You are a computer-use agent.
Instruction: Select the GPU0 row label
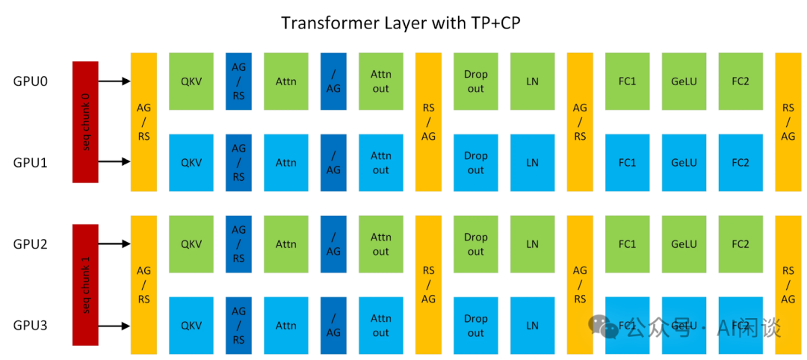(31, 81)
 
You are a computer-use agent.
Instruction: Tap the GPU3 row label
(31, 326)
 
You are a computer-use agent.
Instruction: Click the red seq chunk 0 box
(85, 122)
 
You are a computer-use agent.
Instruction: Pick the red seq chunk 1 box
(85, 285)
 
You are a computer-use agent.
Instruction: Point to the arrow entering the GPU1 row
(114, 162)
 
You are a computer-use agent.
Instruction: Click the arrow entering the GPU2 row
(114, 243)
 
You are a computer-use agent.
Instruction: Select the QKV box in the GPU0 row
(191, 81)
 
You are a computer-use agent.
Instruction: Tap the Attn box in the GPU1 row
(286, 163)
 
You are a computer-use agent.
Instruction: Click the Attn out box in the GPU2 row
(381, 244)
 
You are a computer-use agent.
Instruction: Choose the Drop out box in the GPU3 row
(475, 326)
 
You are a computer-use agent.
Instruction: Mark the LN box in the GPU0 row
(532, 81)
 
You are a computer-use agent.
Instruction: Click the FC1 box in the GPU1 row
(628, 163)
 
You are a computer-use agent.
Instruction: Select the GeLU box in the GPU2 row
(684, 244)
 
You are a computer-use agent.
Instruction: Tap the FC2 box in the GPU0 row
(740, 81)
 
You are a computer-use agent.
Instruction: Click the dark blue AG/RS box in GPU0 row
(239, 81)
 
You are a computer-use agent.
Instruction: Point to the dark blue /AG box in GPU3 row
(333, 326)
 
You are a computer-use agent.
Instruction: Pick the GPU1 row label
(31, 163)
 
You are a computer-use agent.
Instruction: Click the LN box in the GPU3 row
(532, 326)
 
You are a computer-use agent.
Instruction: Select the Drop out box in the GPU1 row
(475, 163)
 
